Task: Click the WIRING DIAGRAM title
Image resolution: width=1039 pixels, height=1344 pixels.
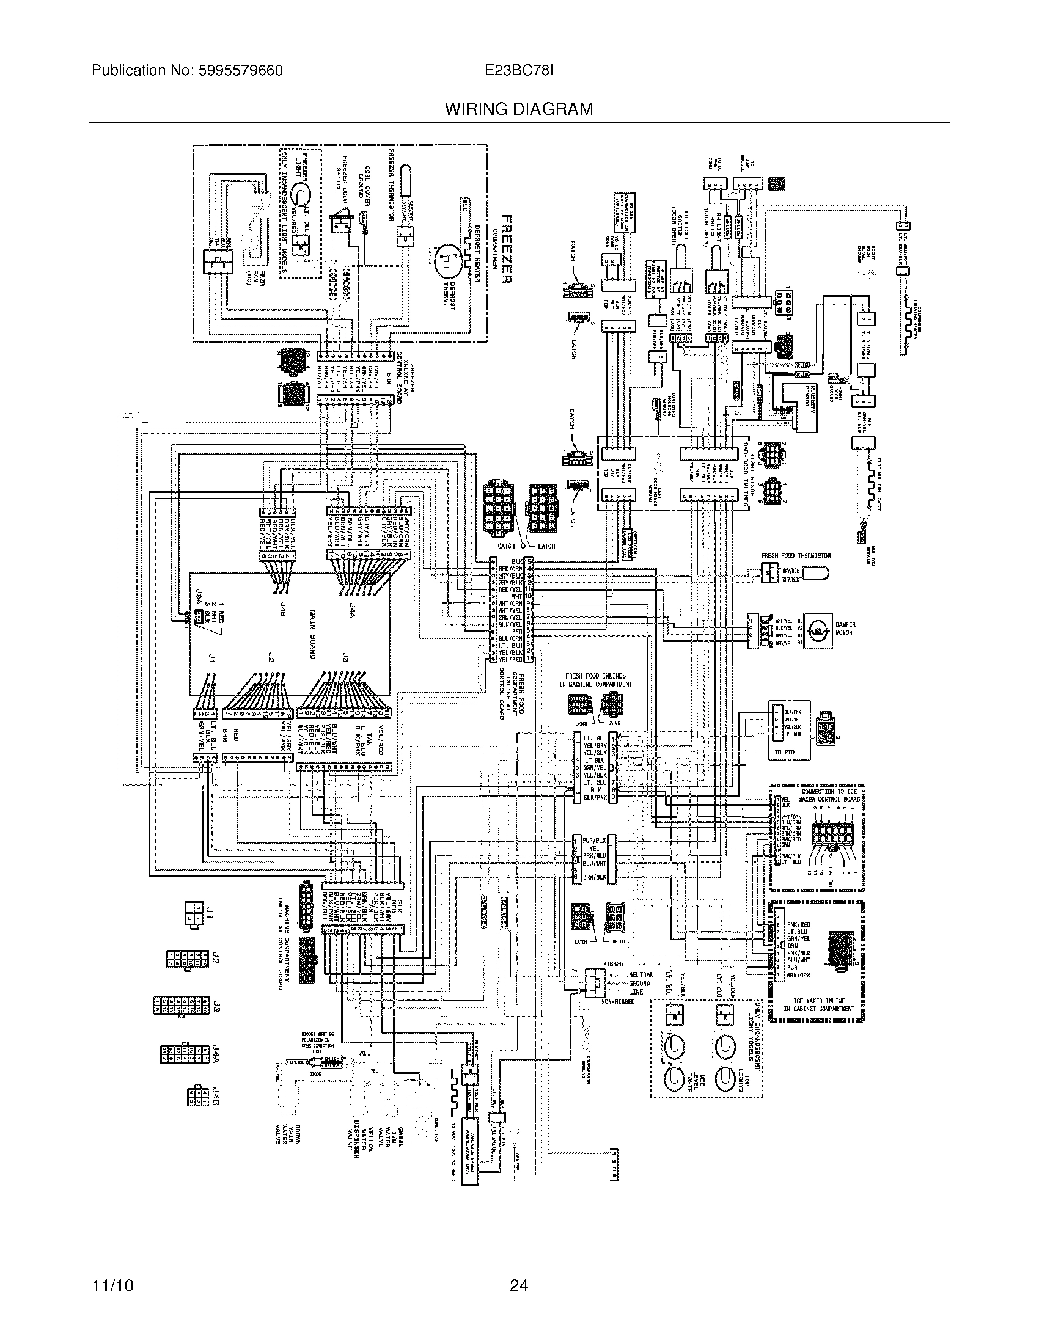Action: pyautogui.click(x=519, y=109)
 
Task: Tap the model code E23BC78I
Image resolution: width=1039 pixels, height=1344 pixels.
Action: pyautogui.click(x=519, y=71)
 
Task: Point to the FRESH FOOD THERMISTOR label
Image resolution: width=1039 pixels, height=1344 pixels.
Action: pyautogui.click(x=796, y=555)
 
